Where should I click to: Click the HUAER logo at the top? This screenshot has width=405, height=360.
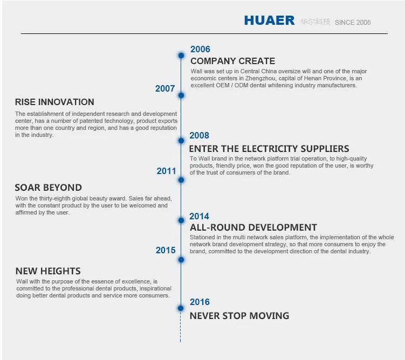click(269, 20)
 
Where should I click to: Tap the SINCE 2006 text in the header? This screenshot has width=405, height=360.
click(353, 23)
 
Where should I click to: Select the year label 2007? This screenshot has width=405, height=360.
click(165, 88)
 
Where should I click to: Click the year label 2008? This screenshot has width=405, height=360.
click(199, 135)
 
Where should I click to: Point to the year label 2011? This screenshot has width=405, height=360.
click(166, 171)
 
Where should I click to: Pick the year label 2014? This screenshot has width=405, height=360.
click(199, 216)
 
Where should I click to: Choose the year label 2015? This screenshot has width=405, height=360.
click(166, 250)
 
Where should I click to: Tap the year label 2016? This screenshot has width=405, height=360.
click(200, 302)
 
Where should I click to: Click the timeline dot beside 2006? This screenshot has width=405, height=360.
click(181, 55)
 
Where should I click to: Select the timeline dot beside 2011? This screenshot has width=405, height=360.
click(181, 180)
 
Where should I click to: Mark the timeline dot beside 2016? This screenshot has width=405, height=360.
click(181, 308)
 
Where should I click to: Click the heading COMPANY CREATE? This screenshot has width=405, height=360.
click(233, 61)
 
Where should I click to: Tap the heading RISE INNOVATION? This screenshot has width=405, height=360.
click(54, 102)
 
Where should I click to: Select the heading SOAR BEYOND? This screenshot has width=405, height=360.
click(49, 188)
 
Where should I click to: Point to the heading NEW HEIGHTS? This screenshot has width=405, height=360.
click(48, 271)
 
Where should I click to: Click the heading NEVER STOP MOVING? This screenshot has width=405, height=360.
click(239, 316)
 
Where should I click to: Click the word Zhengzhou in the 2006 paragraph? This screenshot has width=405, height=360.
click(260, 78)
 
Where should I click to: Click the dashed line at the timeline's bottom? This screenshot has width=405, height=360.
click(180, 327)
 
